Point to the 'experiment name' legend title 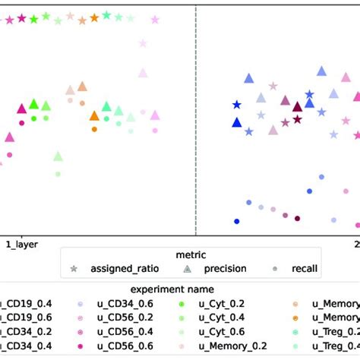coord(180,289)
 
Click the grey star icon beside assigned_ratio coord(74,268)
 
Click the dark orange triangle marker coord(94,115)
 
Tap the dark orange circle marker coord(94,129)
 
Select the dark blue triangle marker coord(237,122)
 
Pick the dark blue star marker coord(237,104)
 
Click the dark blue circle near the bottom coord(237,221)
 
